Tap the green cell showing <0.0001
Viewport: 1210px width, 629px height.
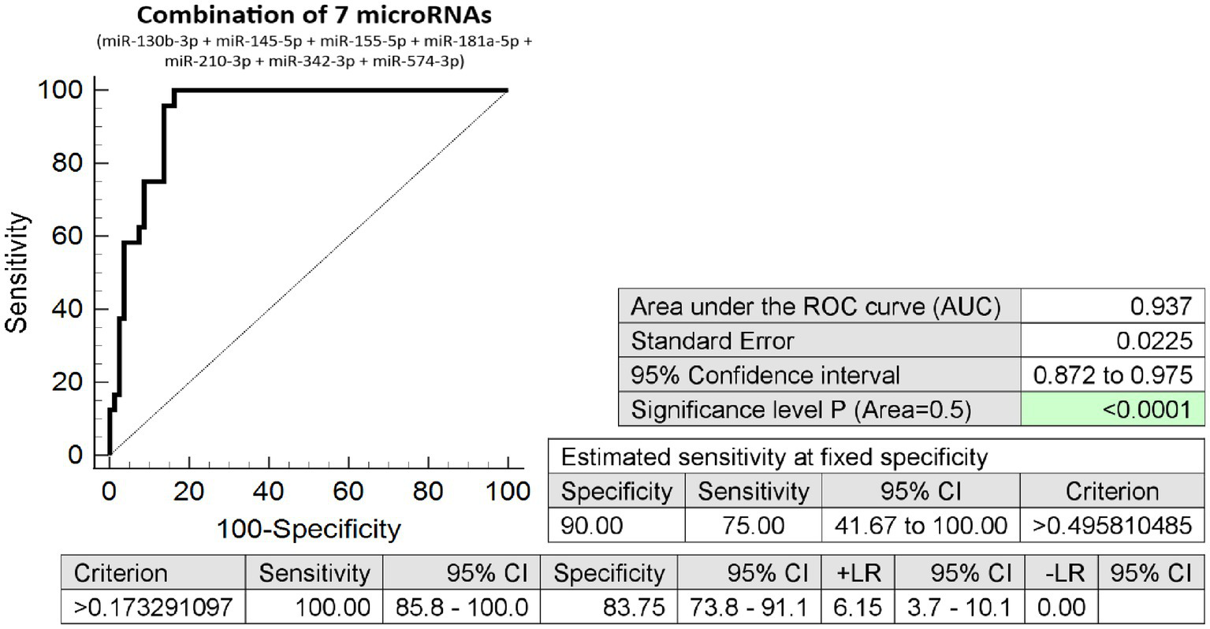click(1147, 410)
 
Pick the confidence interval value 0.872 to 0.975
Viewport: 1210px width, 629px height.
click(1112, 375)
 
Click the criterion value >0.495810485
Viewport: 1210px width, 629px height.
click(1111, 525)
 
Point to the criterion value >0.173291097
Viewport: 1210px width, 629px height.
click(153, 607)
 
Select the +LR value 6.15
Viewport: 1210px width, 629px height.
click(857, 607)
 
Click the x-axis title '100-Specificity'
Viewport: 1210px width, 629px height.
click(309, 529)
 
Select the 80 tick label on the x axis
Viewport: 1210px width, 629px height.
click(428, 492)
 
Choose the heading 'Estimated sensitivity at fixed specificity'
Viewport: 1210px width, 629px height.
click(773, 457)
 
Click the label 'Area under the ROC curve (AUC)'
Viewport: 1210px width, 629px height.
click(815, 306)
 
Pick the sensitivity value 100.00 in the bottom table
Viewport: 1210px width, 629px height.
click(332, 607)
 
